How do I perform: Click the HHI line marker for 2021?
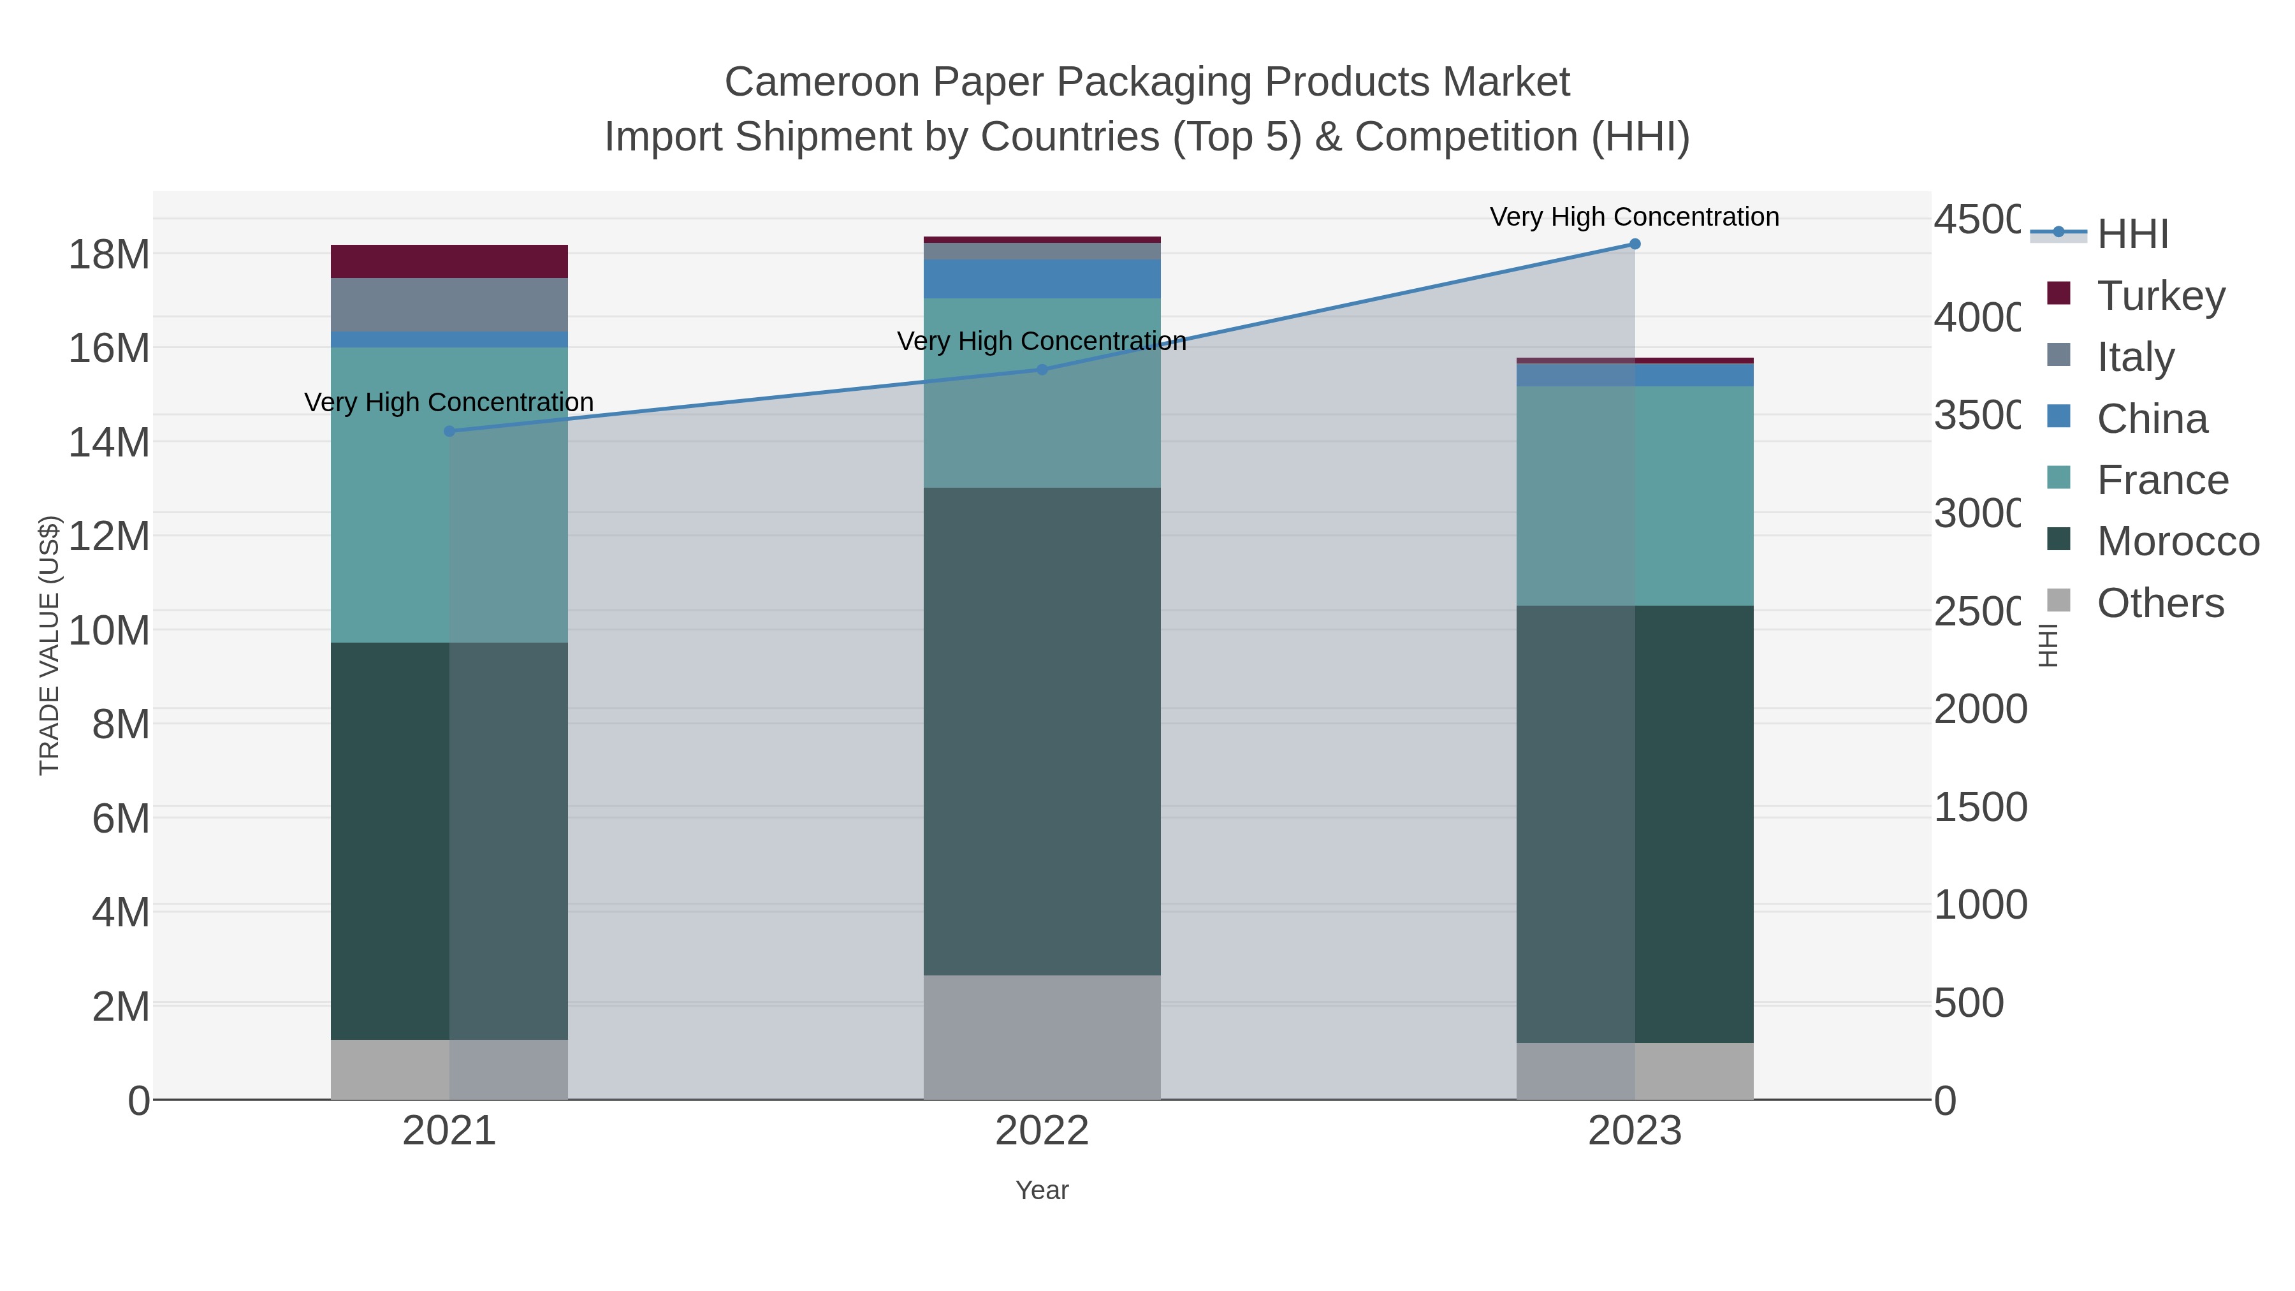coord(449,431)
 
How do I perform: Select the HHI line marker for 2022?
coord(1042,369)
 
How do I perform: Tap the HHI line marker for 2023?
coord(1634,244)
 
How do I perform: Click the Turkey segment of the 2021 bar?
coord(449,261)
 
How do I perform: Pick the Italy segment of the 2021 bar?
coord(449,305)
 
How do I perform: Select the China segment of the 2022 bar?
coord(1042,279)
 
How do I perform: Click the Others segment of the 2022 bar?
coord(1042,1037)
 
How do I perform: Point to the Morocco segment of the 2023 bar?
coord(1634,824)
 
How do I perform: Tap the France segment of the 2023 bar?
coord(1634,495)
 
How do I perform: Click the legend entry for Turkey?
coord(2160,296)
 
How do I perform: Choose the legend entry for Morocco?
coord(2178,542)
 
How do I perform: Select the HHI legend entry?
coord(2132,235)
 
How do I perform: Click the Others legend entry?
coord(2160,603)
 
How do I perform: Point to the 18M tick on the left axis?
coord(108,255)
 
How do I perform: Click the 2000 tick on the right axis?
coord(1979,709)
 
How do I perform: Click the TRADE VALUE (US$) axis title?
coord(50,645)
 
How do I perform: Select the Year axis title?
coord(1042,1190)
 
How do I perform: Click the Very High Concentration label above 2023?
coord(1634,217)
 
